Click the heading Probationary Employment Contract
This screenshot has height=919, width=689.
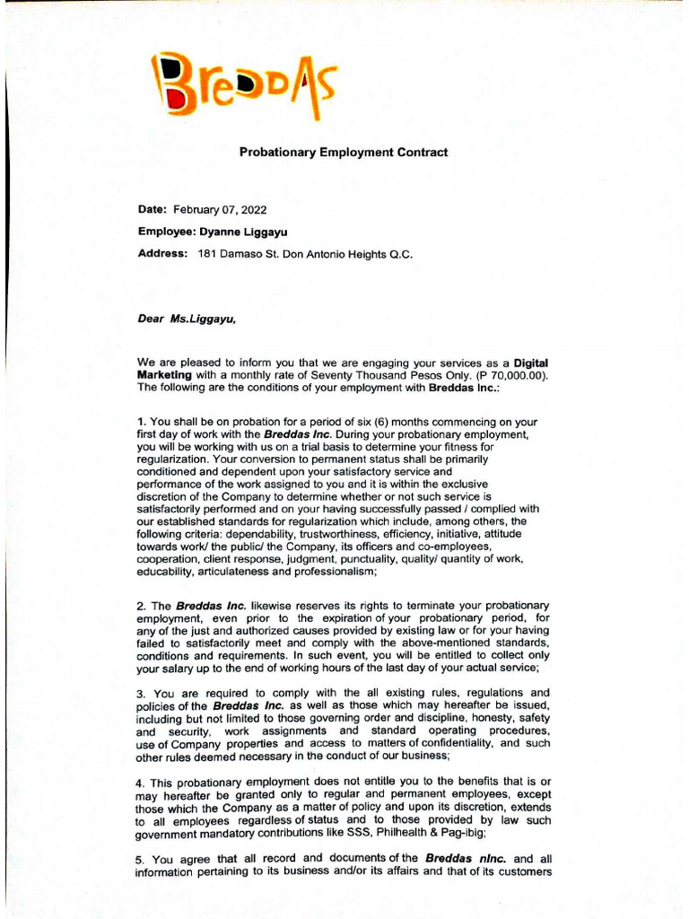(x=344, y=153)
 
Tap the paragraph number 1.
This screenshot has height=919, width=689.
(x=142, y=422)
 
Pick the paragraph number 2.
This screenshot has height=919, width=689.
(x=142, y=607)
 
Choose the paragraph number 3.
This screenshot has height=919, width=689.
(x=142, y=694)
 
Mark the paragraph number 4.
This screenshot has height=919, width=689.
(x=142, y=783)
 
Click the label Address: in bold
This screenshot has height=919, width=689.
(x=162, y=254)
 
